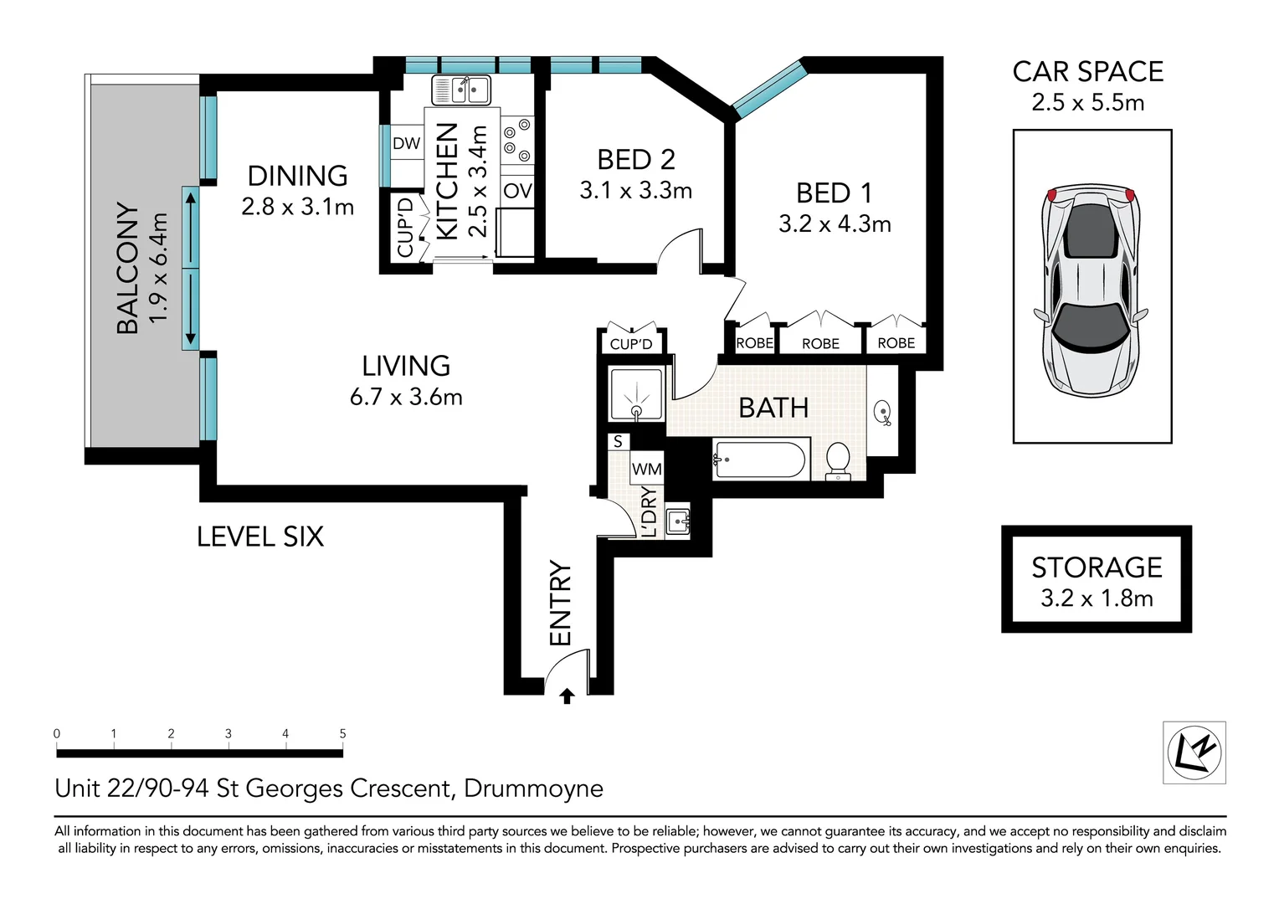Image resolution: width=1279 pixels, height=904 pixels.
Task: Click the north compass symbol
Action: (1194, 752)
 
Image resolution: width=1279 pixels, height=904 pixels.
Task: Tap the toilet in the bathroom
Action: (838, 461)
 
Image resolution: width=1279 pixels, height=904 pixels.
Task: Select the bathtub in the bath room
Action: (761, 460)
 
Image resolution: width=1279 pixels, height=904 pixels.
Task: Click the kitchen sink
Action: (460, 90)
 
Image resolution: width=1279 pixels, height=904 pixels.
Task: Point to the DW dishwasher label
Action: (407, 143)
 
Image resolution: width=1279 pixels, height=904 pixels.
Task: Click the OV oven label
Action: (517, 190)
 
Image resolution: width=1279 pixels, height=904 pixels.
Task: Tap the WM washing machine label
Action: (647, 469)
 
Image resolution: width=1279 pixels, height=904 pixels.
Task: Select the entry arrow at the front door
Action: (567, 696)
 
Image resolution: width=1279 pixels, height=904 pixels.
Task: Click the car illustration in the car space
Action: (1092, 290)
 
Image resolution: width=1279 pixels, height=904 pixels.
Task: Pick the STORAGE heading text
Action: (1097, 568)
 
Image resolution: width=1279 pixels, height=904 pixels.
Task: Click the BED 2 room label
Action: (636, 160)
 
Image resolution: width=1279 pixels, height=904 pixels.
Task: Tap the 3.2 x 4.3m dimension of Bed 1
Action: (835, 223)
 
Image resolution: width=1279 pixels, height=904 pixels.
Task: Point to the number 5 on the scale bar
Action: (342, 733)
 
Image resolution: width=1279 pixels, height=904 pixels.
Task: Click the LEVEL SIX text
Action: (260, 537)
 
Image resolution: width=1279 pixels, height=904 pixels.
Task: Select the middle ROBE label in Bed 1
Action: (820, 344)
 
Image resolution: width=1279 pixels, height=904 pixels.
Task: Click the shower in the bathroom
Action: (636, 394)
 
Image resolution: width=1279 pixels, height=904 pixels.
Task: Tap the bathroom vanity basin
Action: (883, 413)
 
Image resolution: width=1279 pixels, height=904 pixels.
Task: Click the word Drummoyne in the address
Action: (533, 788)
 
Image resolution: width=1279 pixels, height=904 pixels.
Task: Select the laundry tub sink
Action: (678, 521)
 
